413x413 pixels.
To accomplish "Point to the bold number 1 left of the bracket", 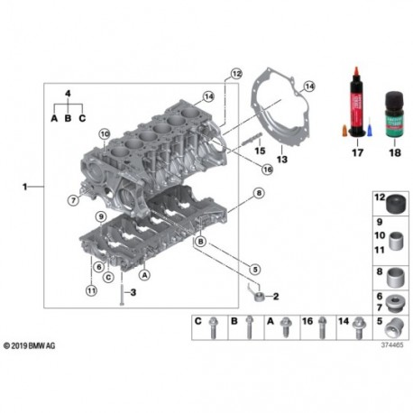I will (x=27, y=187).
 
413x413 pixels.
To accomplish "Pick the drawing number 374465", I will (x=390, y=344).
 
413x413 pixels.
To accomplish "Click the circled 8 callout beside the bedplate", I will (x=259, y=194).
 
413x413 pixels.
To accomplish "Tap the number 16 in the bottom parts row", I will (x=307, y=320).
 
